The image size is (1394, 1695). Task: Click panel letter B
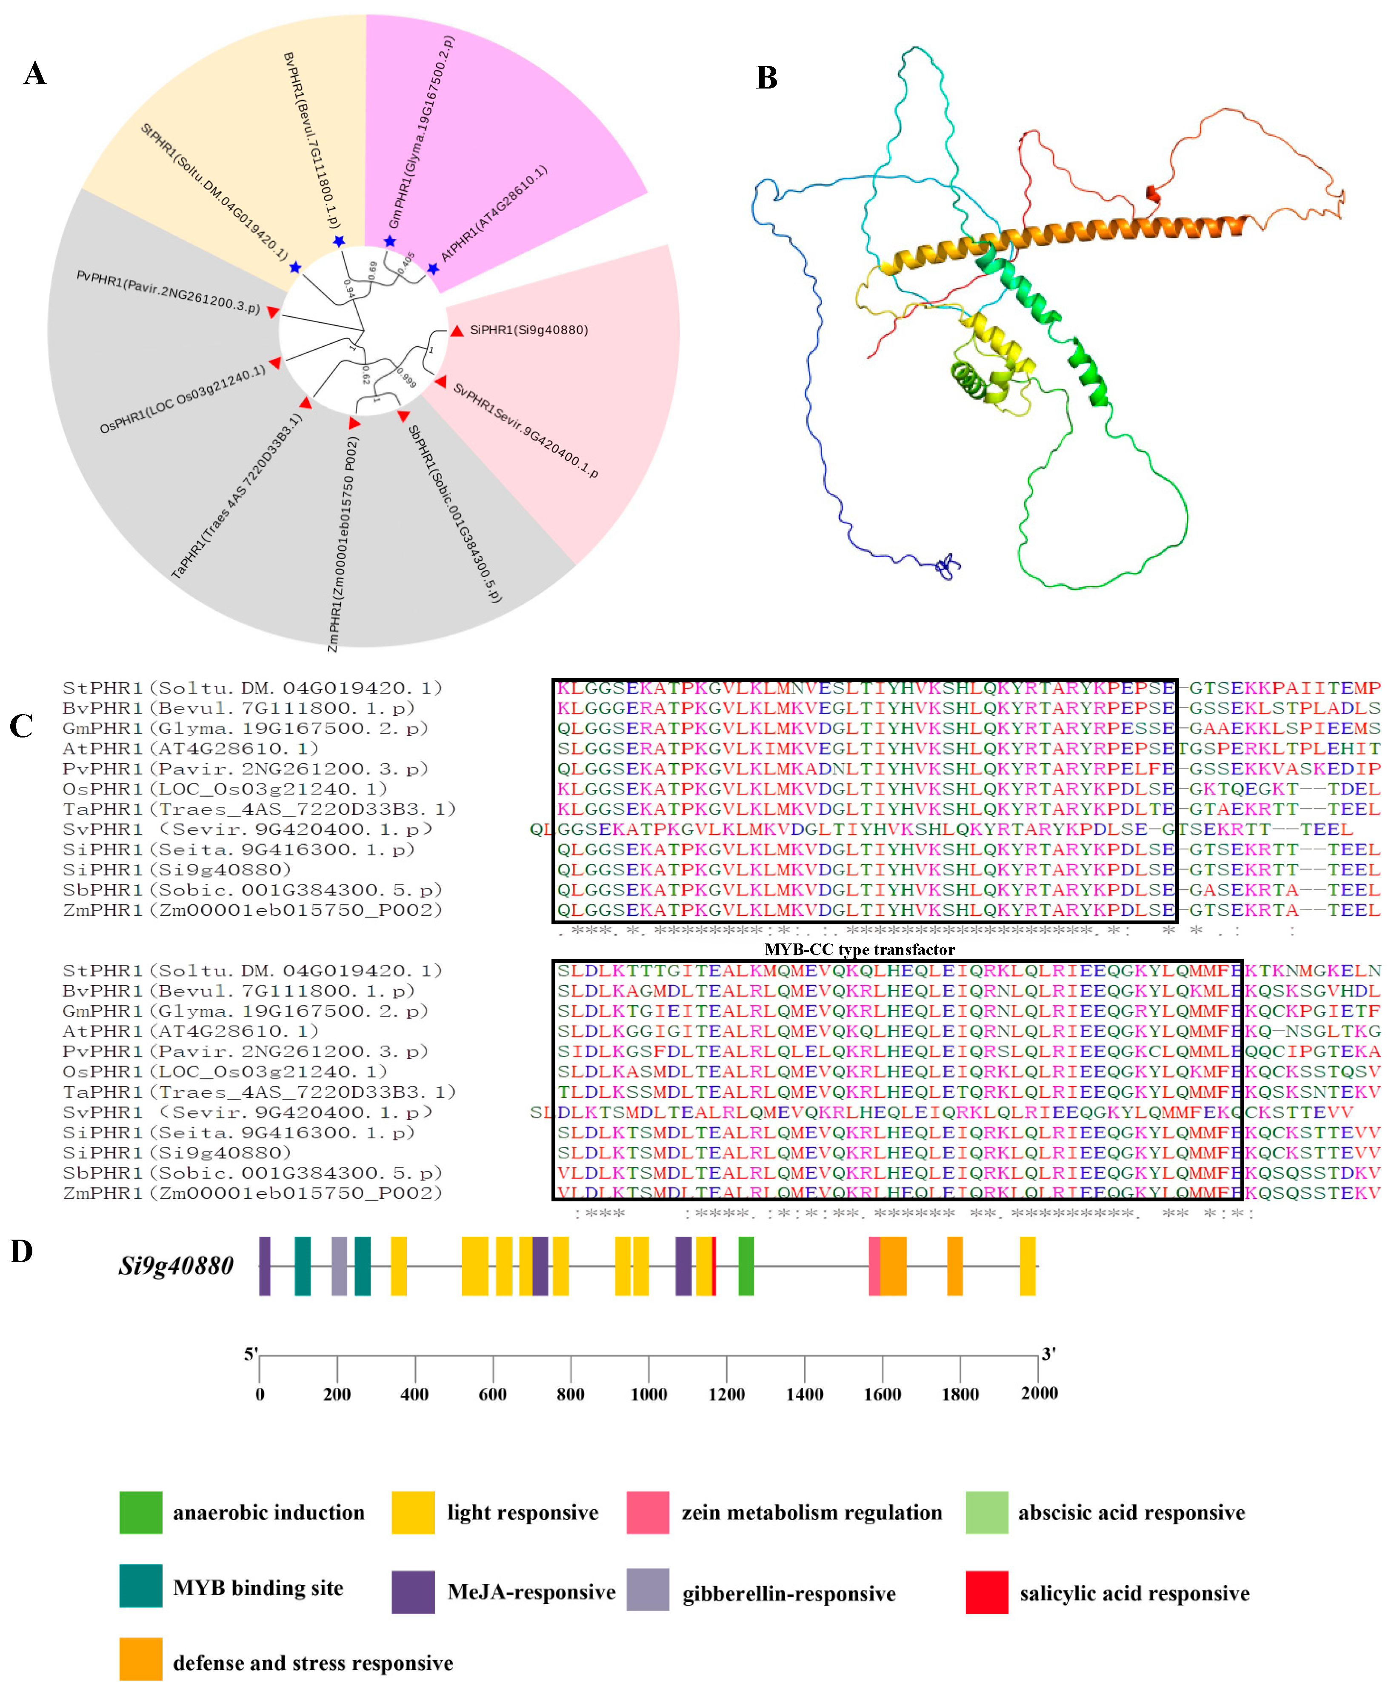[767, 78]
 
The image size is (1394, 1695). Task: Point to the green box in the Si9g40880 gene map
[746, 1266]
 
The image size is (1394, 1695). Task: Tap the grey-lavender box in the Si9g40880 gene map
[339, 1266]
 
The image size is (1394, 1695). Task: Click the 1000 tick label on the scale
[648, 1394]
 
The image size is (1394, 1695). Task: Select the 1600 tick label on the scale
[882, 1394]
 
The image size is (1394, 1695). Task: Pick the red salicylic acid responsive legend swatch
[987, 1592]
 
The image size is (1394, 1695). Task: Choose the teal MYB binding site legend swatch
[140, 1586]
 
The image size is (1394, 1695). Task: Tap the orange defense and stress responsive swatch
[140, 1659]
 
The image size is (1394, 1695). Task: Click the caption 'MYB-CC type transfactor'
[859, 950]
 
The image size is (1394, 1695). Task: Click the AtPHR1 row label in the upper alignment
[190, 748]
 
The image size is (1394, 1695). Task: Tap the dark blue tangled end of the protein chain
[948, 566]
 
